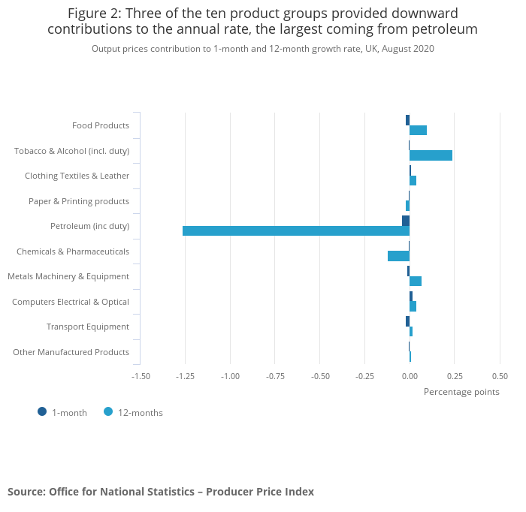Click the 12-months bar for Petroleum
coord(296,230)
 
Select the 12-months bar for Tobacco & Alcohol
coord(431,155)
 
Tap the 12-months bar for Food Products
coord(418,131)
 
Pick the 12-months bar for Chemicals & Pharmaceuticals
coord(398,256)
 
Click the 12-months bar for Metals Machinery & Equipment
coord(416,281)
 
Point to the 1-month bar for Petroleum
coord(406,221)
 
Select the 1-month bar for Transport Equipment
coord(407,321)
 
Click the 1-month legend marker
coord(42,411)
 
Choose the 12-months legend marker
coord(108,411)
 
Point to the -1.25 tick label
coord(185,376)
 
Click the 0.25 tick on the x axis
coord(453,376)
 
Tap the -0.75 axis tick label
coord(275,376)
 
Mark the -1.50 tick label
coord(141,376)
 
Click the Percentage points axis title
coord(461,392)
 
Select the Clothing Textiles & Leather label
coord(77,176)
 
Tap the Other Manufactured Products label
coord(71,352)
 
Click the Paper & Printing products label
coord(79,201)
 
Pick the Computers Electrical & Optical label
coord(71,302)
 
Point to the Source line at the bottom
coord(161,492)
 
